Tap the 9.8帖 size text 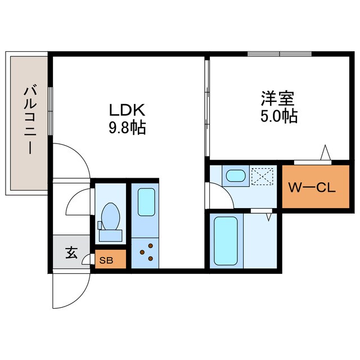(127, 128)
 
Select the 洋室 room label (277, 98)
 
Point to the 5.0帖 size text (278, 117)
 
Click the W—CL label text (312, 187)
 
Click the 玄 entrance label (71, 254)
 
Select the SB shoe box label (106, 260)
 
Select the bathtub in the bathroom (227, 241)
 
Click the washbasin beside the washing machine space (235, 177)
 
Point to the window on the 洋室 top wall (280, 54)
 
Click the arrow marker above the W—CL (325, 152)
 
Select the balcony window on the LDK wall (51, 111)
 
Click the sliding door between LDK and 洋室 (207, 107)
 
